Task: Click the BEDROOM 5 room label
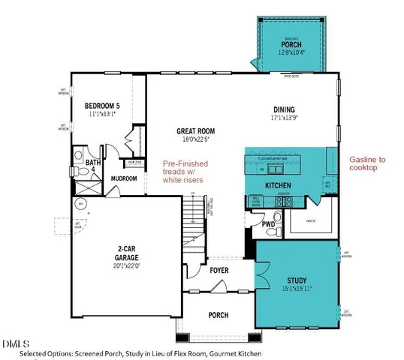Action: coord(101,105)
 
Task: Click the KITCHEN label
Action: coord(278,184)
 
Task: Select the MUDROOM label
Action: coord(124,178)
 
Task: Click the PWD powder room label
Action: coord(267,224)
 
